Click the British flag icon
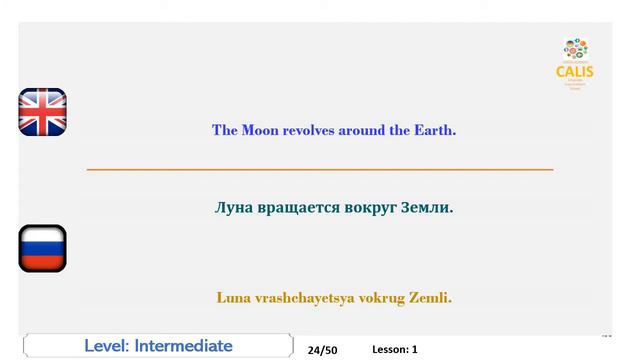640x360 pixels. pyautogui.click(x=42, y=112)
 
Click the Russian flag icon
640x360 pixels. pyautogui.click(x=42, y=248)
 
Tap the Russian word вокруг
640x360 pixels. pyautogui.click(x=367, y=208)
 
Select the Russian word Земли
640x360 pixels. pyautogui.click(x=426, y=208)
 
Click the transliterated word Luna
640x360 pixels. pyautogui.click(x=233, y=297)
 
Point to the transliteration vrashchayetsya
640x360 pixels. pyautogui.click(x=299, y=297)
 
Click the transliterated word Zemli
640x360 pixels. pyautogui.click(x=429, y=297)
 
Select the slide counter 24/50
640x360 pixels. pyautogui.click(x=323, y=350)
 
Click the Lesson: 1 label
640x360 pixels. pyautogui.click(x=394, y=349)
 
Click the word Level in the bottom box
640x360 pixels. pyautogui.click(x=106, y=346)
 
